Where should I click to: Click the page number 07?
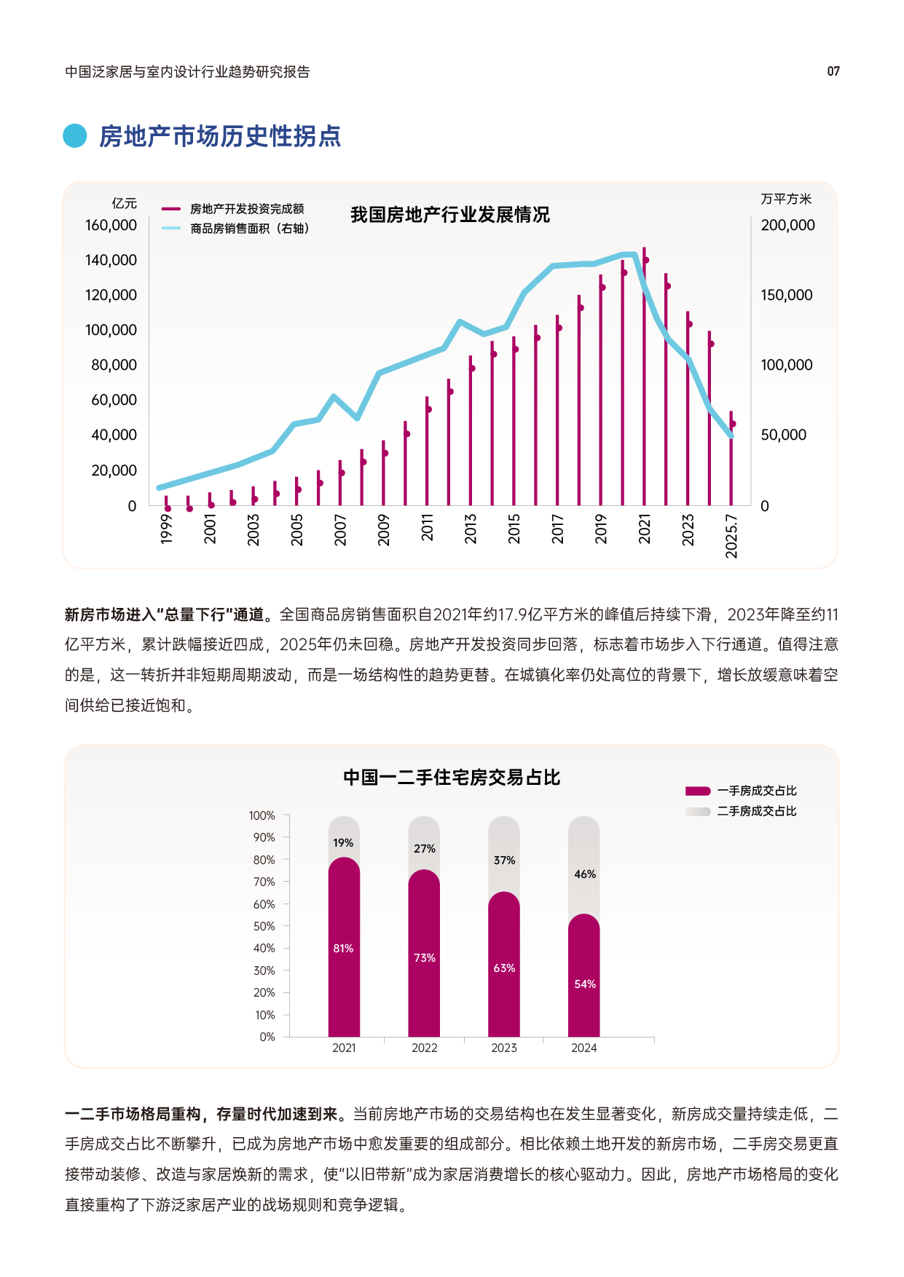(833, 71)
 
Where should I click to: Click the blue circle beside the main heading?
(75, 135)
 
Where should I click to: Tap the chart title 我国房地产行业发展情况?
(449, 215)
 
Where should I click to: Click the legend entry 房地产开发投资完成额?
(246, 209)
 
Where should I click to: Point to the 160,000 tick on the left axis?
(111, 225)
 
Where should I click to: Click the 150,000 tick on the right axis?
(786, 295)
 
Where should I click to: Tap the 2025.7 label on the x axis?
(731, 537)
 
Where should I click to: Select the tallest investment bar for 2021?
(644, 379)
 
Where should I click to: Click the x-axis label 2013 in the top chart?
(471, 529)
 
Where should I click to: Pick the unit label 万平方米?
(785, 199)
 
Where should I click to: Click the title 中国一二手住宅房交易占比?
(452, 778)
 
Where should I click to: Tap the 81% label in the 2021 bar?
(343, 948)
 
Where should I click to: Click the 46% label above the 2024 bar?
(584, 874)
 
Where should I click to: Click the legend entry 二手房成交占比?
(756, 811)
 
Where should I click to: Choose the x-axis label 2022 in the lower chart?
(424, 1048)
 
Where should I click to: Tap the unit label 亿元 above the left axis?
(124, 203)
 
